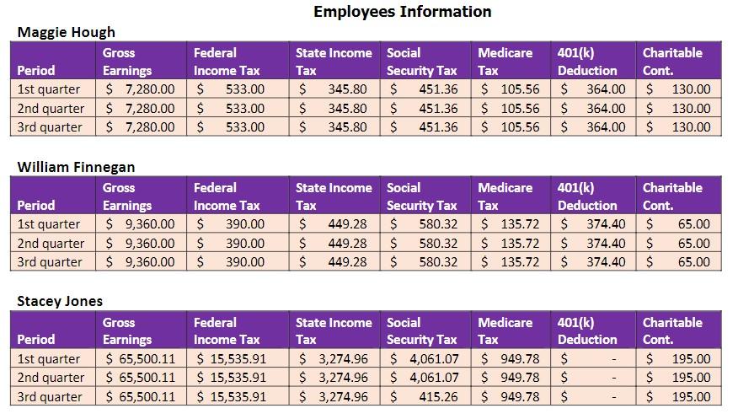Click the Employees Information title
point(402,12)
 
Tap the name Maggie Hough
point(67,32)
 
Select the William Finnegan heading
point(76,167)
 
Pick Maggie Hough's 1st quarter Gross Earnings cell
point(141,89)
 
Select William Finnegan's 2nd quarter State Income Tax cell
point(334,243)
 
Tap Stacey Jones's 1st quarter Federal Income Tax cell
point(232,358)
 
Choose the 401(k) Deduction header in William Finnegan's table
point(587,196)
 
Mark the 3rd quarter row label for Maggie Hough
point(50,127)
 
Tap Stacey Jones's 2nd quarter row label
point(51,378)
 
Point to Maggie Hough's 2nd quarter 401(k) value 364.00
point(594,108)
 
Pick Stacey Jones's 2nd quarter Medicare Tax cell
point(510,378)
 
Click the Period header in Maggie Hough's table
point(35,71)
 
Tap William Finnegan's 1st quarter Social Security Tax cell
point(425,224)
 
